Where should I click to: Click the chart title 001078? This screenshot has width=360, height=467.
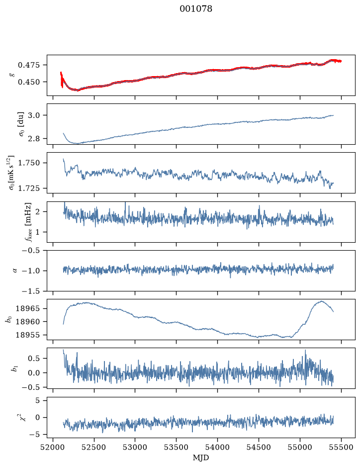[x=195, y=9]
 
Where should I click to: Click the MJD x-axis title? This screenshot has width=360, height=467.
[x=201, y=458]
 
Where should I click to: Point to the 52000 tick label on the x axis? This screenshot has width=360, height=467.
[x=53, y=447]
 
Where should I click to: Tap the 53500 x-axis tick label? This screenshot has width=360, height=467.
[x=177, y=447]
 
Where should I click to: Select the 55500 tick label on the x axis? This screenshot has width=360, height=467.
[x=341, y=447]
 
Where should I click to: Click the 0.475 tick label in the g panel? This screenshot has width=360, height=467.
[x=28, y=65]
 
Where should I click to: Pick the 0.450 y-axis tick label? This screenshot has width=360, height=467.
[x=28, y=82]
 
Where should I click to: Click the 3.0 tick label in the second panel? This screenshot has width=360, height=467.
[x=34, y=115]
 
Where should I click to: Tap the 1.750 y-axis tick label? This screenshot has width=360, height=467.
[x=28, y=163]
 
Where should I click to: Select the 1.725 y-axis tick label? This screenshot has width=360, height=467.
[x=28, y=188]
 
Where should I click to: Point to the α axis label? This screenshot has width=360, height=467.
[x=15, y=271]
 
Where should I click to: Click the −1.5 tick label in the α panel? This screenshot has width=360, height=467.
[x=31, y=291]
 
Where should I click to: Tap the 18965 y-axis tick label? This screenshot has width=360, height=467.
[x=28, y=308]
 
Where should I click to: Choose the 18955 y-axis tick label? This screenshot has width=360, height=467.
[x=28, y=335]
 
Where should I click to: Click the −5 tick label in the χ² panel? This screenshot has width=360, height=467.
[x=34, y=435]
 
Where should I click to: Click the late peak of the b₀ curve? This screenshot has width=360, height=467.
[x=321, y=301]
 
